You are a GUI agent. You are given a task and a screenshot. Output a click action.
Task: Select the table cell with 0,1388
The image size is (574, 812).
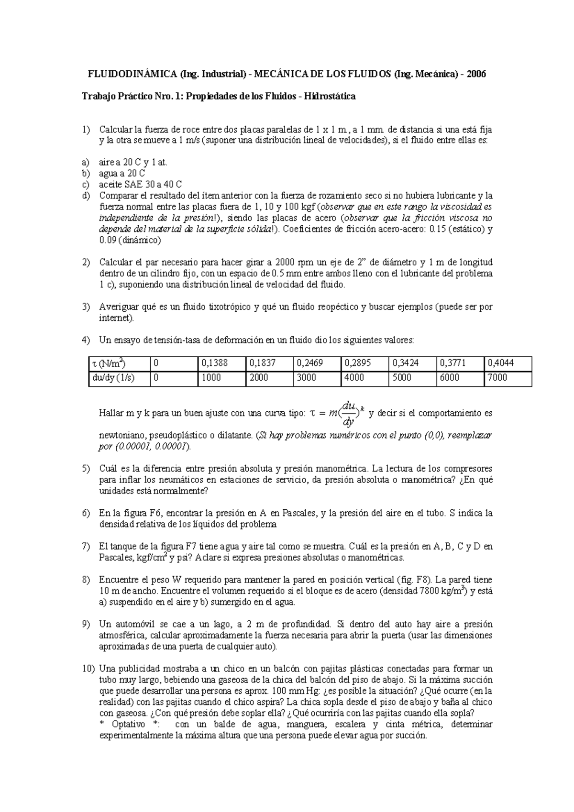coord(221,363)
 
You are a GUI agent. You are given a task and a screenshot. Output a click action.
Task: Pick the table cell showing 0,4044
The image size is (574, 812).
coord(508,363)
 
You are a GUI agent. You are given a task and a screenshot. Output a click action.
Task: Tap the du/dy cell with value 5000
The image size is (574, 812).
coord(413,378)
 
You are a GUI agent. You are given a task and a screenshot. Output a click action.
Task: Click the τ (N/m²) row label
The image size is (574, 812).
coord(119,363)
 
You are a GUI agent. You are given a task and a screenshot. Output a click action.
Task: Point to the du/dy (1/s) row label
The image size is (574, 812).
coord(119,378)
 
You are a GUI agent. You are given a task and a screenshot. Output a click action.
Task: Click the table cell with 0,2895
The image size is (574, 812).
coord(365,363)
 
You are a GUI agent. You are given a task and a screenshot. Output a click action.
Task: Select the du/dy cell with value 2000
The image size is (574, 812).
coord(269,378)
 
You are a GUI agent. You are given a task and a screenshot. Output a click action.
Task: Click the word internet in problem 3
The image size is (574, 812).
coord(115,318)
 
